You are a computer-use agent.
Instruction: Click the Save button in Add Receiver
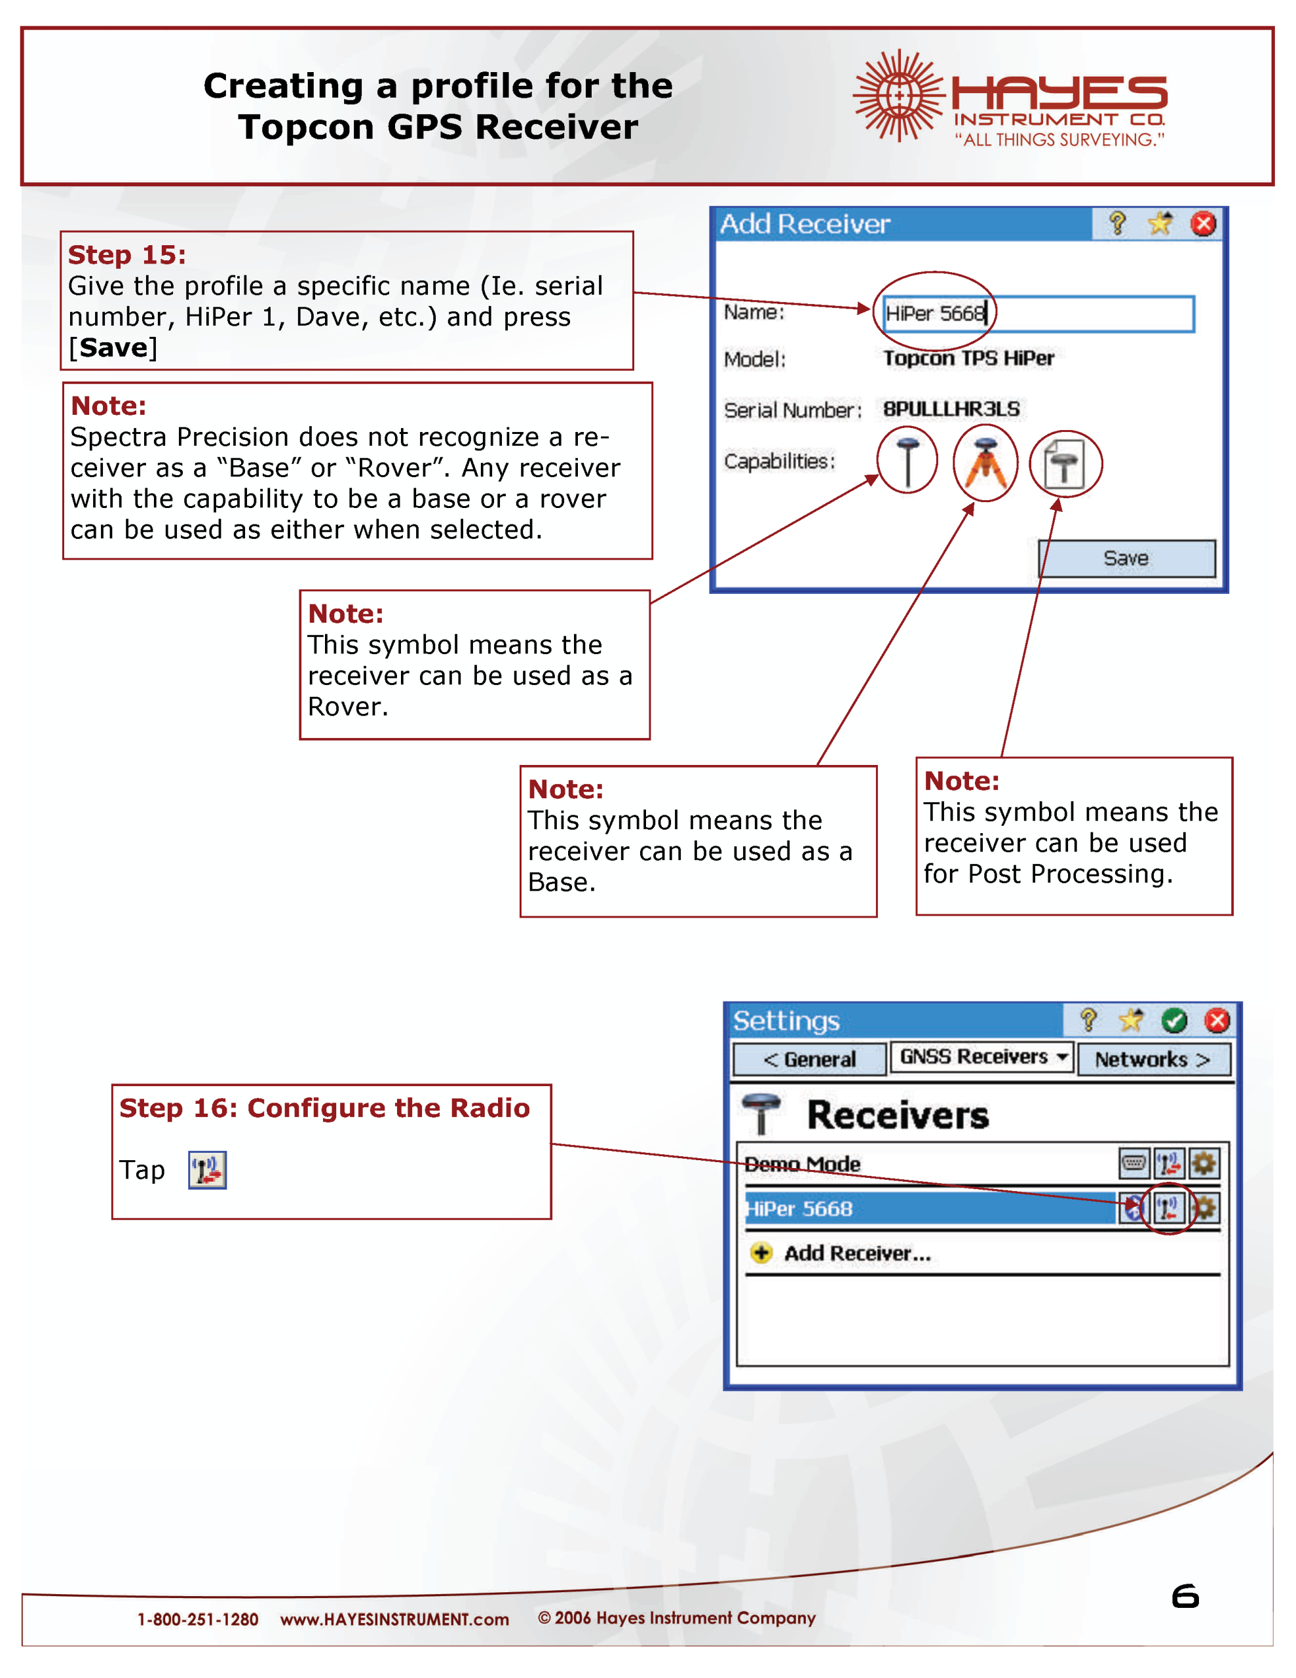(1126, 558)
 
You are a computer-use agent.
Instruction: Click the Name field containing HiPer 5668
(1037, 313)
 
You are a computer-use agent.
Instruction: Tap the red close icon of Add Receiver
(1202, 224)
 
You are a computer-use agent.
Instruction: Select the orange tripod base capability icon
(985, 463)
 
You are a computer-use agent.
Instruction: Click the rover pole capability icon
(907, 461)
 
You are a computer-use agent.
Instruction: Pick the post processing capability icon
(1065, 463)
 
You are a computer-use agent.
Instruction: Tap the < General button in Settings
(809, 1059)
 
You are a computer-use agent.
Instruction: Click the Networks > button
(1153, 1059)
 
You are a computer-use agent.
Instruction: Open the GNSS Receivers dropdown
(981, 1057)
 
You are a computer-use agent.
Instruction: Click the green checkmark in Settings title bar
(1174, 1021)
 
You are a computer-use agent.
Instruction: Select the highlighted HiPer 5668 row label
(800, 1209)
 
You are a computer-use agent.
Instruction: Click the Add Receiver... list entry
(856, 1253)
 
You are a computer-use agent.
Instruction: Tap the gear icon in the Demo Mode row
(1203, 1163)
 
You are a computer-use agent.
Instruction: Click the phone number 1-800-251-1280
(197, 1620)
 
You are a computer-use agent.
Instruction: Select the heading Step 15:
(126, 254)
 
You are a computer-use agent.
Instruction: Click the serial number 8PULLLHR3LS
(951, 409)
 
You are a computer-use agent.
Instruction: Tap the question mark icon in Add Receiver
(1117, 224)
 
